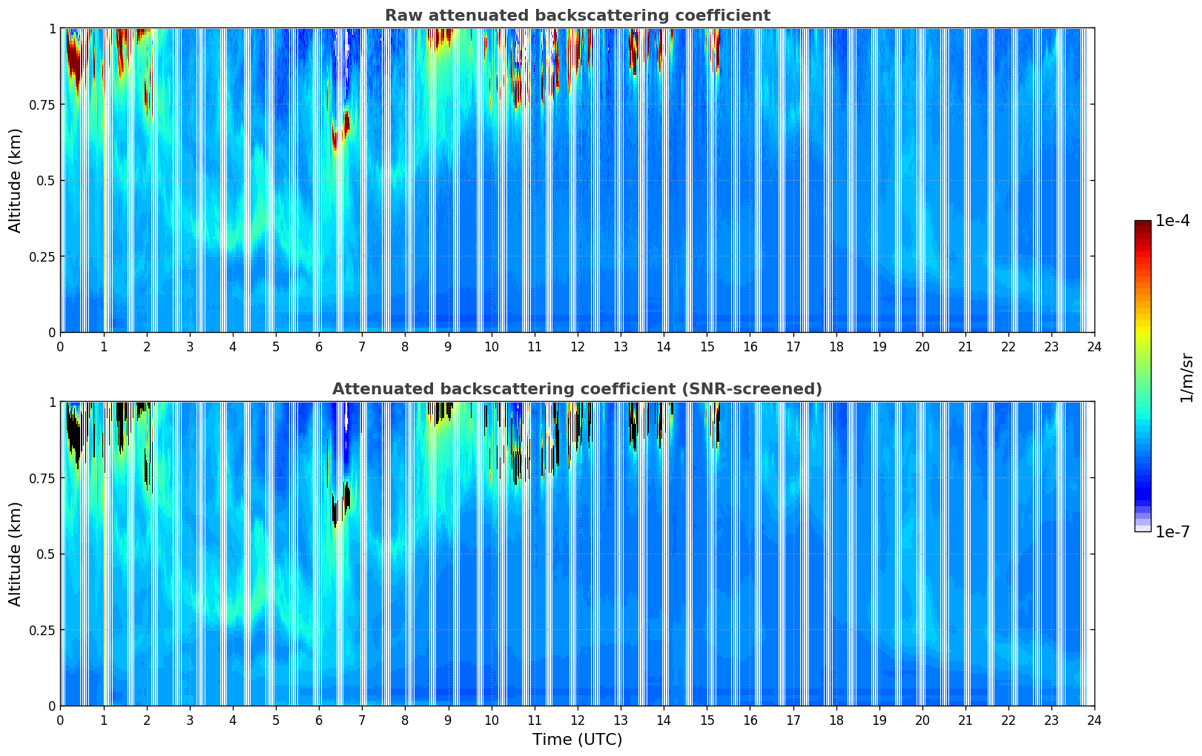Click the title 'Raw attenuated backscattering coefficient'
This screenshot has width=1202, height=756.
coord(577,16)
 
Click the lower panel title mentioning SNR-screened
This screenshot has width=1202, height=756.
coord(577,389)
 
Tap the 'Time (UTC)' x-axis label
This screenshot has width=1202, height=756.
coord(577,740)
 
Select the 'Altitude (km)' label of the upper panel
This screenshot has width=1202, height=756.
coord(16,180)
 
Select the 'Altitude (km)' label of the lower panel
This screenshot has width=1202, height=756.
coord(16,554)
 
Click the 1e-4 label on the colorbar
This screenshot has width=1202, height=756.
coord(1172,221)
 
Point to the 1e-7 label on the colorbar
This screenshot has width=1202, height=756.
coord(1172,531)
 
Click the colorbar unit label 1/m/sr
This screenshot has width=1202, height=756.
coord(1186,377)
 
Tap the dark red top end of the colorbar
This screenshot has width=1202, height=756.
coord(1143,225)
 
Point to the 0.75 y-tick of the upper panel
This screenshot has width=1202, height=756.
coord(42,105)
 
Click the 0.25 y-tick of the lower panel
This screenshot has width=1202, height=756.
coord(42,630)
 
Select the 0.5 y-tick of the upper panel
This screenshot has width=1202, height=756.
coord(46,181)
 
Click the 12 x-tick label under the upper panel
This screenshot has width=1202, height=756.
coord(577,346)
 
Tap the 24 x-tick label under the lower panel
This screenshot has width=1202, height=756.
coord(1094,720)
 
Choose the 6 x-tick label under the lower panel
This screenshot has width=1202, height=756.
coord(319,720)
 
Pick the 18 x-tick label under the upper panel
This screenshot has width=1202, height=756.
coord(836,346)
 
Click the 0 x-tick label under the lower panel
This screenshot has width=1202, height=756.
coord(61,720)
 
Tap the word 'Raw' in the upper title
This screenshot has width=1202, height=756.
coord(400,16)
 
